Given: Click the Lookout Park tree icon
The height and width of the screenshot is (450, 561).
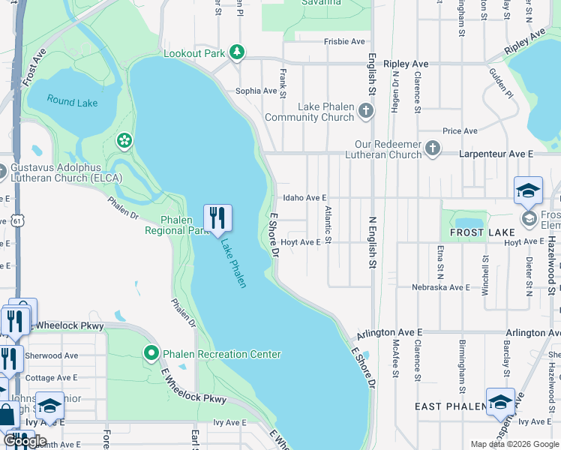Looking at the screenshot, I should pos(237,52).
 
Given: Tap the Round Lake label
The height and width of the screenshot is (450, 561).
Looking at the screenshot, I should pos(72,101).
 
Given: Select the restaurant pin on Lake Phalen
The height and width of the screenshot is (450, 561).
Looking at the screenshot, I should pos(217,219).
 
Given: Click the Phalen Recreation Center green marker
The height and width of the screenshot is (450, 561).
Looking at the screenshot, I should pos(151,352).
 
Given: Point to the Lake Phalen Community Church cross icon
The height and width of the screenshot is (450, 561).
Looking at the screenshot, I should pos(365,112).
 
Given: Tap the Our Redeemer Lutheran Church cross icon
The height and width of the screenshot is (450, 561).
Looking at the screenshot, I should pos(433,149).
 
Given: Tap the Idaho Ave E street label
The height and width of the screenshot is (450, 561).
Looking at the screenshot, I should pos(304,198).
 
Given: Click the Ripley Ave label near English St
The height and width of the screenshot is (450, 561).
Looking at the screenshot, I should pos(406,64).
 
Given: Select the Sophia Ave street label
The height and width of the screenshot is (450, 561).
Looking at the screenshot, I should pos(256,91).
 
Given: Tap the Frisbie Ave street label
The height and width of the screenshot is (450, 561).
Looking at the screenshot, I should pos(344,42).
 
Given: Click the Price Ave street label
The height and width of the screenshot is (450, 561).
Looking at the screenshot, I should pos(460,131).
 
